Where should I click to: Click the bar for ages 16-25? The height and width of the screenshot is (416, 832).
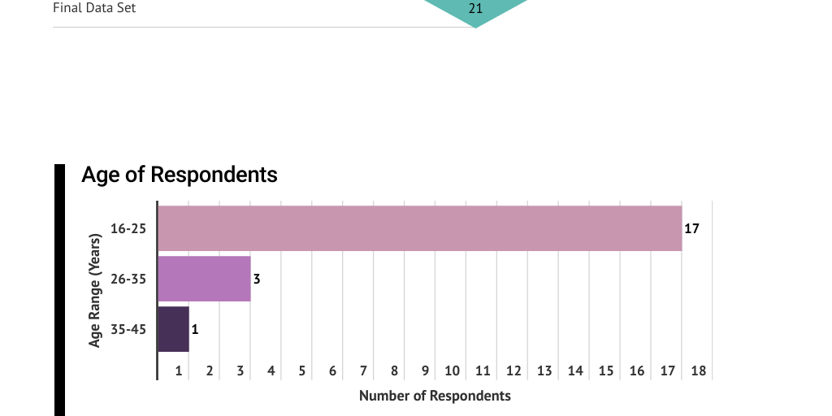(419, 228)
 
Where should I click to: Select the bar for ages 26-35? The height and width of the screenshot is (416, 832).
(204, 279)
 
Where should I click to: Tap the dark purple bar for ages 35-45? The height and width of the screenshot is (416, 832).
(173, 329)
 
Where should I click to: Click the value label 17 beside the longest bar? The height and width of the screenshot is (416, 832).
(691, 229)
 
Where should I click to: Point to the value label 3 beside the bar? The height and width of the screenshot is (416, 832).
(257, 279)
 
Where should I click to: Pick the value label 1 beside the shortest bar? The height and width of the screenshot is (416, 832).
(195, 330)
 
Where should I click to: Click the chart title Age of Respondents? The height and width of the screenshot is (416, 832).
(180, 175)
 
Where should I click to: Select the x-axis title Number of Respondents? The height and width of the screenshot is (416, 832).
(435, 396)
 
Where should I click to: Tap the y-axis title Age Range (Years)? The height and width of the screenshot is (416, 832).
(95, 291)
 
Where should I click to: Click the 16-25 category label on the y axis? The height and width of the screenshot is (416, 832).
(128, 229)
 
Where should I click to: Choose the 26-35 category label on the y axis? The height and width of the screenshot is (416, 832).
(128, 279)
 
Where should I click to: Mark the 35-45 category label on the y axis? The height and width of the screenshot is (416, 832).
(128, 330)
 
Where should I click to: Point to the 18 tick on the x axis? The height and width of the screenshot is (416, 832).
(698, 371)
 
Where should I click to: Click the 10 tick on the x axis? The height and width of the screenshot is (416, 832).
(452, 371)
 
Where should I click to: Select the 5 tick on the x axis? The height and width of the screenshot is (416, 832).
(301, 371)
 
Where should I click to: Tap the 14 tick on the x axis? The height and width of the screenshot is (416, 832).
(575, 371)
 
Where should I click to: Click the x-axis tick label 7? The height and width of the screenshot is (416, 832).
(363, 371)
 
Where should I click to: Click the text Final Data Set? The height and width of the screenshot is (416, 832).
(94, 9)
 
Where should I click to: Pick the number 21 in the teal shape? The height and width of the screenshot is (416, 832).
(475, 9)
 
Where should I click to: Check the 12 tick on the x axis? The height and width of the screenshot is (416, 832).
(513, 371)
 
